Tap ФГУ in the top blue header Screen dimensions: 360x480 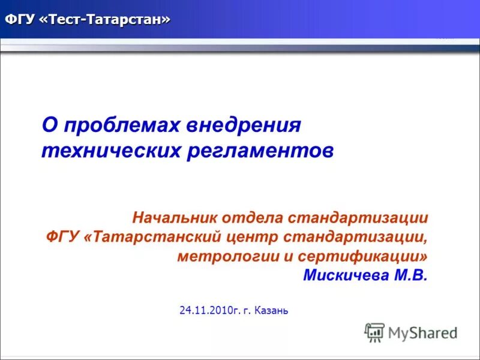coord(20,20)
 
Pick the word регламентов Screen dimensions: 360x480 coord(260,150)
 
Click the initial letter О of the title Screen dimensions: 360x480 coord(49,126)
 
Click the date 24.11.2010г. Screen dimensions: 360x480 coord(209,310)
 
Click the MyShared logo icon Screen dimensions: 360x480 coord(375,332)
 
